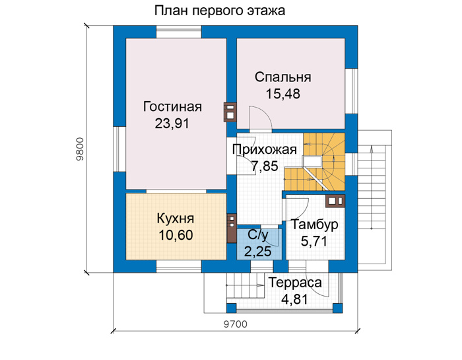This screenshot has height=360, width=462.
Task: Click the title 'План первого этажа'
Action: pos(220,11)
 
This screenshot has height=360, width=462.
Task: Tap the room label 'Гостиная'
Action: pos(172,106)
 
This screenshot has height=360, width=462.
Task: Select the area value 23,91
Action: pos(172,124)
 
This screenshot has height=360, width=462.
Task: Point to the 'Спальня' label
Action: pos(283,77)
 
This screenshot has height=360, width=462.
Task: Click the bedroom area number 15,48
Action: pos(283,94)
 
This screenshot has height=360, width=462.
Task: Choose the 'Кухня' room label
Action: pos(176,219)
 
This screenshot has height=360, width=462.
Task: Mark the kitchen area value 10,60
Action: pos(176,235)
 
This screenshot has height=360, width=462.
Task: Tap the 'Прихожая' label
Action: pos(265,149)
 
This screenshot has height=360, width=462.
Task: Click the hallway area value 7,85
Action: pos(265,166)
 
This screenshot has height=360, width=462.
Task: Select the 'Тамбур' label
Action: pos(315,225)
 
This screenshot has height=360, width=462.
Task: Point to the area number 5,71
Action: pos(314,241)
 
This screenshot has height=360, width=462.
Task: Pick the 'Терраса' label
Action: pos(295,283)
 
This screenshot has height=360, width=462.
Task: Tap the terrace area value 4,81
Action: pos(294,299)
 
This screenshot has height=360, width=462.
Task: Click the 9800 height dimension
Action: pos(80,149)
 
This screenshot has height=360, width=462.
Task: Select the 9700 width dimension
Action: pos(236,324)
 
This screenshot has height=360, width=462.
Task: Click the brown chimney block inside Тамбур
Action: pos(335,201)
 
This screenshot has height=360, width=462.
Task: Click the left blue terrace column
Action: pos(231,308)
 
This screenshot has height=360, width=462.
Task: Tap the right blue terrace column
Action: pos(338,308)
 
